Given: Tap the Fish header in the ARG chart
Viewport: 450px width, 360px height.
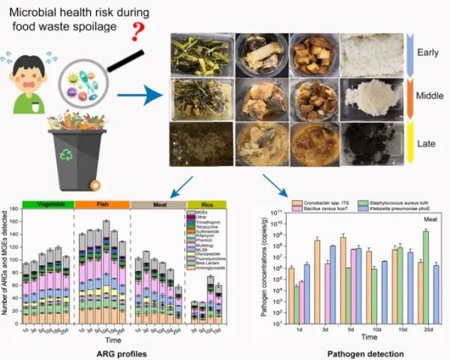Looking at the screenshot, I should click(x=102, y=204).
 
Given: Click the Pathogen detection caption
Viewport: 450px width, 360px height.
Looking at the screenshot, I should click(x=358, y=350).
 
